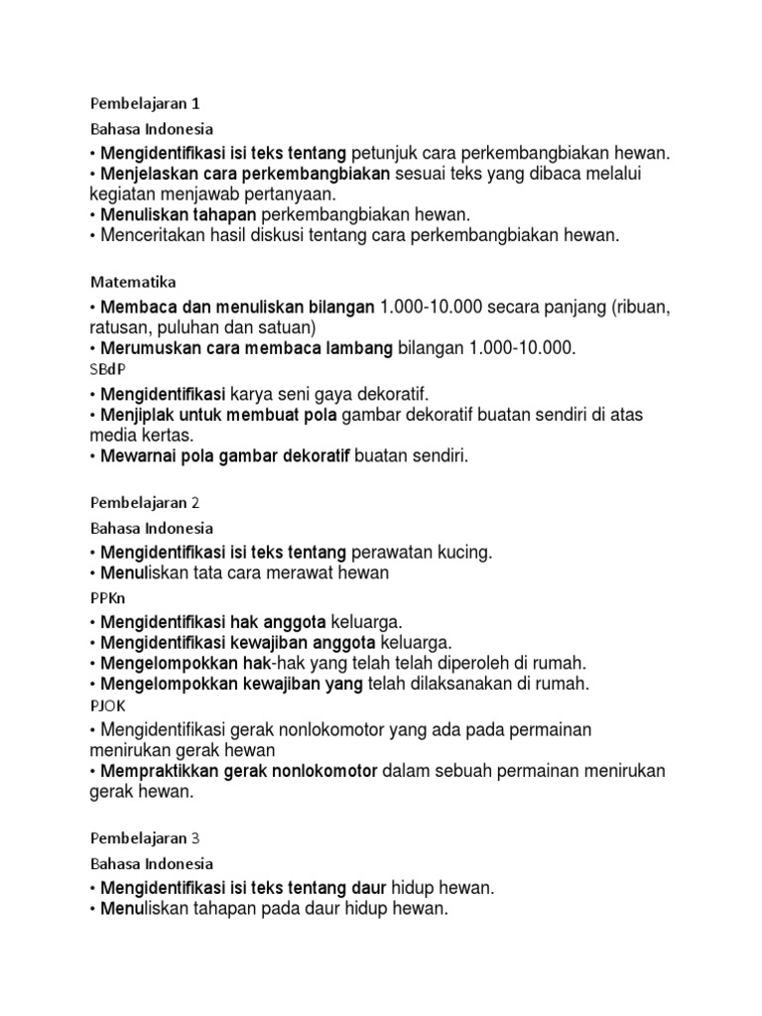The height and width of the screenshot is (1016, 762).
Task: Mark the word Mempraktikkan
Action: tap(160, 772)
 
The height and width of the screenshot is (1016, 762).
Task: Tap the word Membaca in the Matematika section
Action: tap(136, 308)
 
